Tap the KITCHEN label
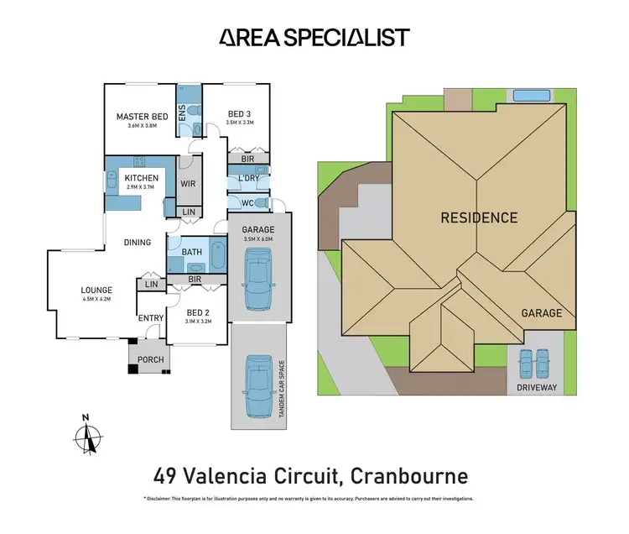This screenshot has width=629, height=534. (142, 179)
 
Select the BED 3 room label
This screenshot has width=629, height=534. (239, 113)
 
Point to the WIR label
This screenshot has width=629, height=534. (189, 183)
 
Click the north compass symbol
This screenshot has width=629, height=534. (86, 436)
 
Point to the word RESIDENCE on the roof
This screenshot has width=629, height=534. (480, 218)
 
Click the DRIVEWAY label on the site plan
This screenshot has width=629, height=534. (536, 389)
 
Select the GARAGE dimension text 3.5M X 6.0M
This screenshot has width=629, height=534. (259, 239)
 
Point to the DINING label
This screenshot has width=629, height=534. (138, 243)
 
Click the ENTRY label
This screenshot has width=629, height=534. (151, 317)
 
